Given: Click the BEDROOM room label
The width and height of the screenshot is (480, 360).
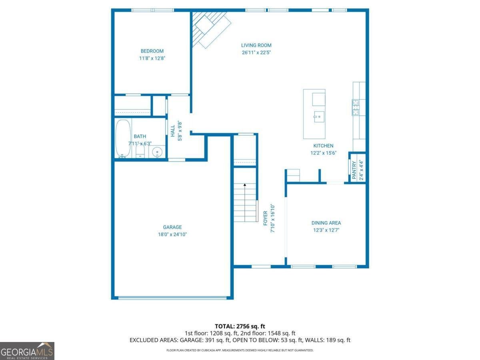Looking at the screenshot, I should [x=152, y=51].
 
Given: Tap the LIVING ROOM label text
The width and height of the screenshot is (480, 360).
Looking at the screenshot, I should [x=256, y=45].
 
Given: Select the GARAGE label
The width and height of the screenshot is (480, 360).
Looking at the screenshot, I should [x=172, y=227].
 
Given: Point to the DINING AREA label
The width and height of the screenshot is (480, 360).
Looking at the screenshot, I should [x=326, y=223].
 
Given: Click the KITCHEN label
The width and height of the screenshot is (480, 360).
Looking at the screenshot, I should [x=323, y=146].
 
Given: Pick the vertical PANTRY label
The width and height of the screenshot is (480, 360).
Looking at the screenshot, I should [x=354, y=170].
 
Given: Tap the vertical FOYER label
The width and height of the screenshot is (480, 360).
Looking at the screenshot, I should [x=265, y=218].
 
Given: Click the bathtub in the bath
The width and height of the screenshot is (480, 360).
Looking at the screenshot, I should [x=122, y=138].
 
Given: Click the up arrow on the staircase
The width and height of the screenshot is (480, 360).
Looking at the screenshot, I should [x=245, y=185].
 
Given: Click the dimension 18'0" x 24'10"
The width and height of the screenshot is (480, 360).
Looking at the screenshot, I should [x=172, y=234].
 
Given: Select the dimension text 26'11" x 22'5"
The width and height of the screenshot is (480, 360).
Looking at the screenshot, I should [x=256, y=52].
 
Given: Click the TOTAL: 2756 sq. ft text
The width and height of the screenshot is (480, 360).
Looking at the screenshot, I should [x=240, y=326].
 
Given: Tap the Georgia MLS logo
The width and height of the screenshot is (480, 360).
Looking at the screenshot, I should [x=27, y=351].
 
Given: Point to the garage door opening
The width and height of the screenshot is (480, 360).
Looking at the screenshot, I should [x=172, y=297].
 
